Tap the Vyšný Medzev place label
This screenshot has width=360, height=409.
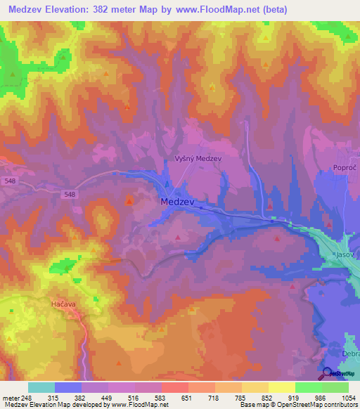[198, 159]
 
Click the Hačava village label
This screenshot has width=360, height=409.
[63, 303]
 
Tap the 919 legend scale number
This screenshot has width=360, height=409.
[295, 398]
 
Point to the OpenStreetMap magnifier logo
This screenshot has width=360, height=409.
[328, 372]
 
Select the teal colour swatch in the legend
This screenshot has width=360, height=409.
[41, 387]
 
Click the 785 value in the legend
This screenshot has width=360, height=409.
[241, 398]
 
